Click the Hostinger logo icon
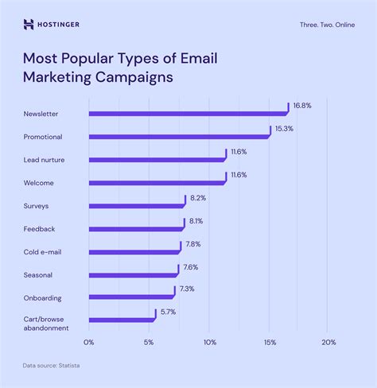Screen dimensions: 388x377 29,25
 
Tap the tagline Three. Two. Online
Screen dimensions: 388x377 327,25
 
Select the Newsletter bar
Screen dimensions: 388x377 188,114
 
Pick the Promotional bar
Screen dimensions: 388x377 179,137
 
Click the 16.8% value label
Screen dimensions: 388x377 301,104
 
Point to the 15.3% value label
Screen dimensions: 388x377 284,128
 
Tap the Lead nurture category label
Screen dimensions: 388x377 45,160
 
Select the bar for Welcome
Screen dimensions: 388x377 157,183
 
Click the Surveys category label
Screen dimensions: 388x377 37,205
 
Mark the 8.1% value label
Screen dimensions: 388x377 196,221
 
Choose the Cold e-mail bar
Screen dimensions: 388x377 134,251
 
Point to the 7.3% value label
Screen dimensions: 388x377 187,290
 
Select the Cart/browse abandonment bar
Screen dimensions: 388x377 122,320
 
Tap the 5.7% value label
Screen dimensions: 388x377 168,312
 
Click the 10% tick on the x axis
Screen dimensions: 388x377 209,343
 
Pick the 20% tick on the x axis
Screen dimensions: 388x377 328,343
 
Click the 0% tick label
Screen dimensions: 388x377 89,343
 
